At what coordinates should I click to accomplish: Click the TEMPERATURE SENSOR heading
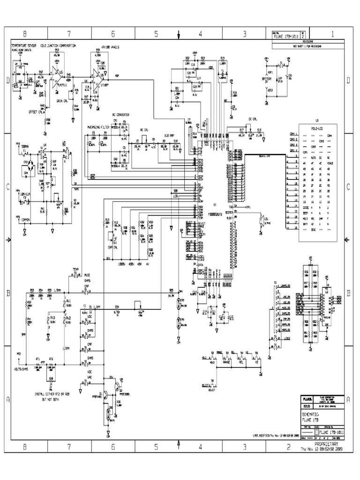pyautogui.click(x=24, y=46)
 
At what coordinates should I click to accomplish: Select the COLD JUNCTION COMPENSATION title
pyautogui.click(x=60, y=46)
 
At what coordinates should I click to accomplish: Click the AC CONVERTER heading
pyautogui.click(x=120, y=114)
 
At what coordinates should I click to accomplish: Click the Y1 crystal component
pyautogui.click(x=222, y=67)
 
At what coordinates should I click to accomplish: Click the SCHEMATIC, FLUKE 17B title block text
pyautogui.click(x=314, y=417)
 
